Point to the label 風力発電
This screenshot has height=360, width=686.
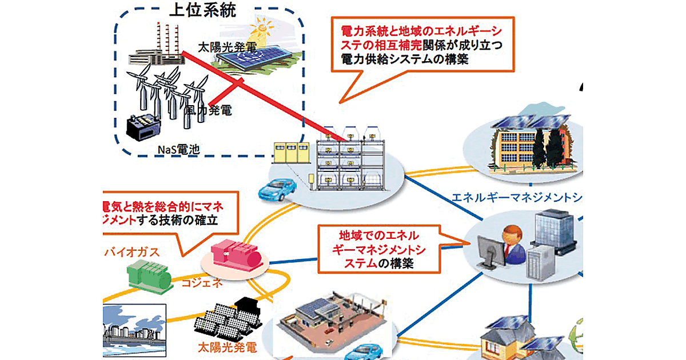click(x=209, y=110)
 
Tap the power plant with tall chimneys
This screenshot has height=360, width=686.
click(x=157, y=49)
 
